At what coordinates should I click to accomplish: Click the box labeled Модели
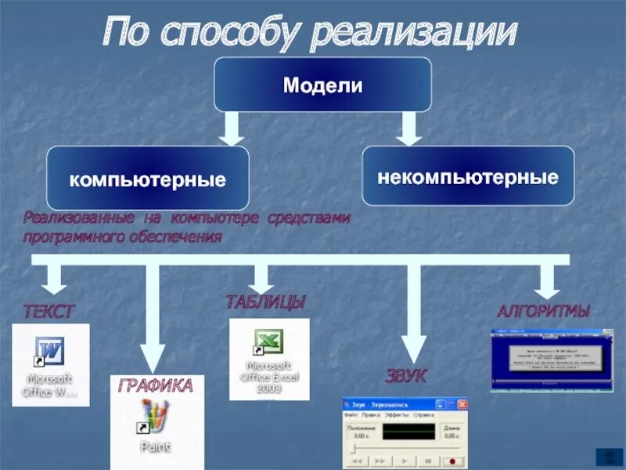322,85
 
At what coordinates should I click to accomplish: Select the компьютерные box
148,179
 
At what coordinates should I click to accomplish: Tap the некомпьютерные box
468,176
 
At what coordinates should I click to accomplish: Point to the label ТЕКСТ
49,312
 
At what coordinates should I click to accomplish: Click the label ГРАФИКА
156,385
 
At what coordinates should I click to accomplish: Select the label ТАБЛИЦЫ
265,302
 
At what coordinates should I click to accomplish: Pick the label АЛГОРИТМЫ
543,311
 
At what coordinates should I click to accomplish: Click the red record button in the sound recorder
452,461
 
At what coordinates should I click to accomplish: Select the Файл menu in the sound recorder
351,414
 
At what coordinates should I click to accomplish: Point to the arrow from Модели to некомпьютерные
408,128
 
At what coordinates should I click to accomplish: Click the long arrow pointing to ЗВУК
414,313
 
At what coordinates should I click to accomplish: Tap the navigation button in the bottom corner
608,457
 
